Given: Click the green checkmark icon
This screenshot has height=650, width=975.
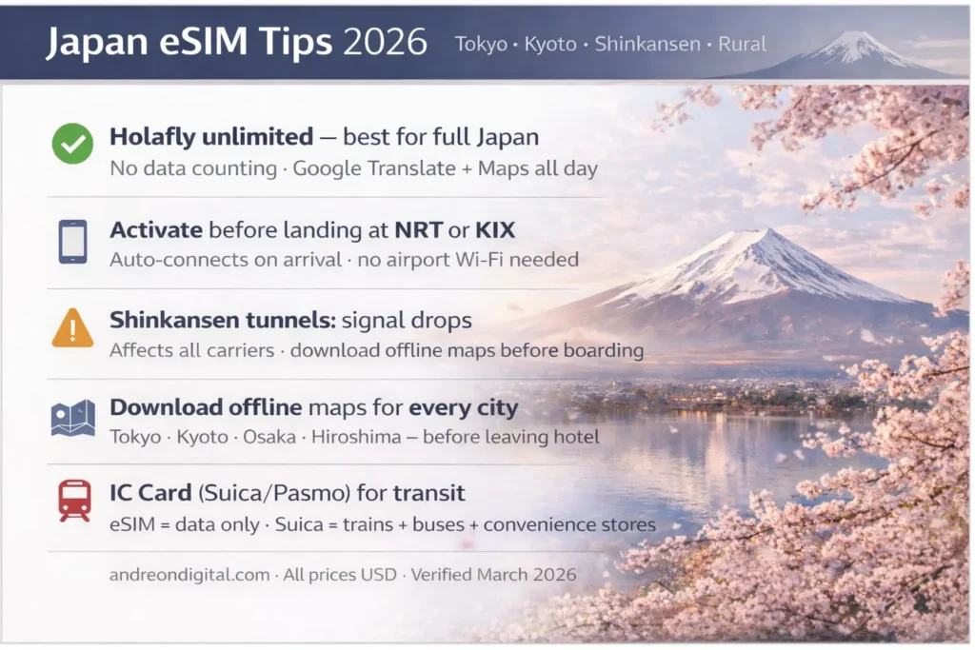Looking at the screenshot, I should click(x=72, y=144).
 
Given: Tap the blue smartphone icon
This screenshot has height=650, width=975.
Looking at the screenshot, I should click(x=72, y=242).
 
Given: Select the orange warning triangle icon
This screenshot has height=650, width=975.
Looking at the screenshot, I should click(x=72, y=329).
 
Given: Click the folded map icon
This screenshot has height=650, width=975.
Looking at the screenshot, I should click(x=72, y=418).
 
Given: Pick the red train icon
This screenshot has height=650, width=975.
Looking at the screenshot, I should click(x=73, y=501).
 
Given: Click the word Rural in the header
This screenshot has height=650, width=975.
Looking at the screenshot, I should click(x=744, y=44).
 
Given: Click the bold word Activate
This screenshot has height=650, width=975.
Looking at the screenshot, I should click(x=155, y=229).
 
